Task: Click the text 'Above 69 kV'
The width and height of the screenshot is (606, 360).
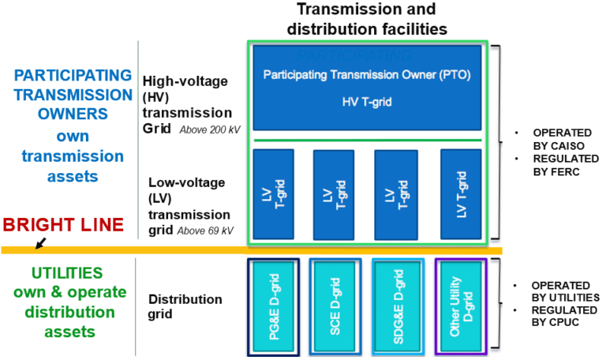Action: coord(207,231)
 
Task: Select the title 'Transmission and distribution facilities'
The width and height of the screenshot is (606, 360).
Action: coord(376,19)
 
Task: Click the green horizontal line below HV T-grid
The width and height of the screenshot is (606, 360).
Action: coord(368,141)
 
